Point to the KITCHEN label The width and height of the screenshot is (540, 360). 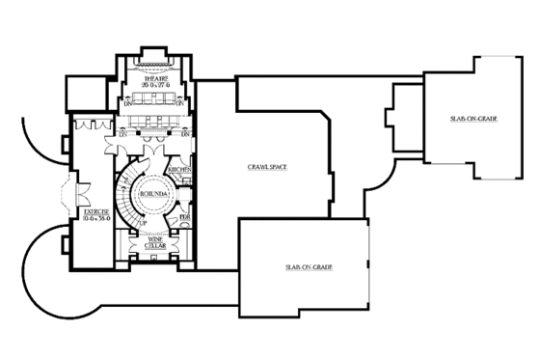pyautogui.click(x=179, y=169)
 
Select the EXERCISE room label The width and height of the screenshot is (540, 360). pyautogui.click(x=94, y=209)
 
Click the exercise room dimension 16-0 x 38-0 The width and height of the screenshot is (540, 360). pyautogui.click(x=94, y=217)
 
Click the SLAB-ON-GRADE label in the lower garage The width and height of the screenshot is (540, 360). pyautogui.click(x=303, y=266)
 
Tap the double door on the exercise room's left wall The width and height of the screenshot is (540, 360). pyautogui.click(x=65, y=193)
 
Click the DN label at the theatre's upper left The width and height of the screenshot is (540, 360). pyautogui.click(x=126, y=103)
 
